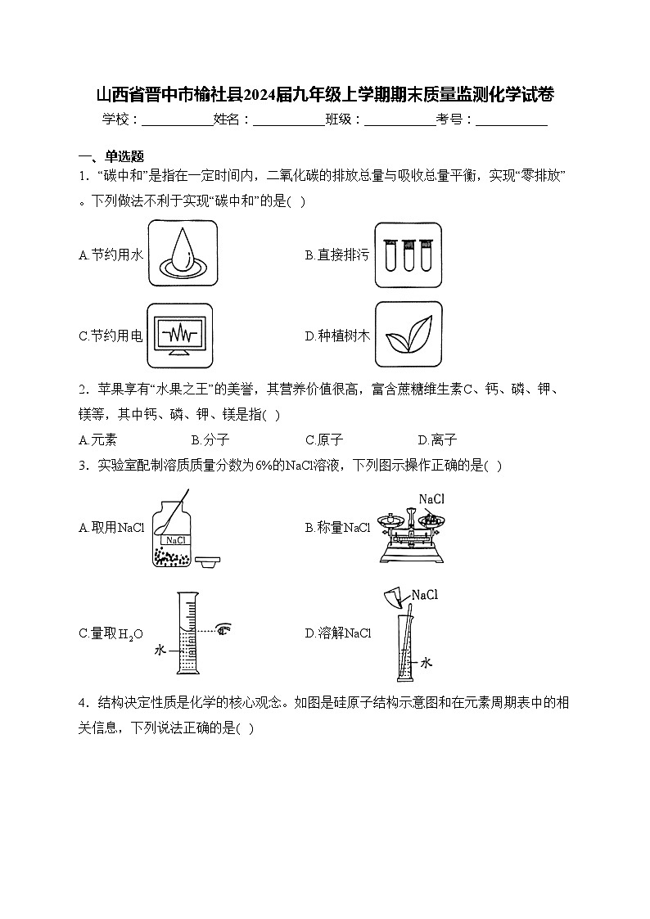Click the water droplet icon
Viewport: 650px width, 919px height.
click(x=183, y=255)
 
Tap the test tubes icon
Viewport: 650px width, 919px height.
click(x=408, y=255)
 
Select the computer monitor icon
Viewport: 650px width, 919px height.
click(x=183, y=335)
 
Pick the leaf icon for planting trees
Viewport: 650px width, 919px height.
click(x=408, y=335)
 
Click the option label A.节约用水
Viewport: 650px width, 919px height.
click(x=111, y=255)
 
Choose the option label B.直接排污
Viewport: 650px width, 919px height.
click(x=336, y=255)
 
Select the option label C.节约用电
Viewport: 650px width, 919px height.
click(x=111, y=336)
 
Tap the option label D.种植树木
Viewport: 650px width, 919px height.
click(x=337, y=336)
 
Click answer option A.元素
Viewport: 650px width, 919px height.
click(x=98, y=439)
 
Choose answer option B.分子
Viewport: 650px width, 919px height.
click(x=210, y=439)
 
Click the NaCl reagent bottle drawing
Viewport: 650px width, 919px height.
click(x=172, y=534)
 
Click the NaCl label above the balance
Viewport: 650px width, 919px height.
click(x=431, y=498)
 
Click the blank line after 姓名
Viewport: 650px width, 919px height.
click(x=288, y=119)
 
